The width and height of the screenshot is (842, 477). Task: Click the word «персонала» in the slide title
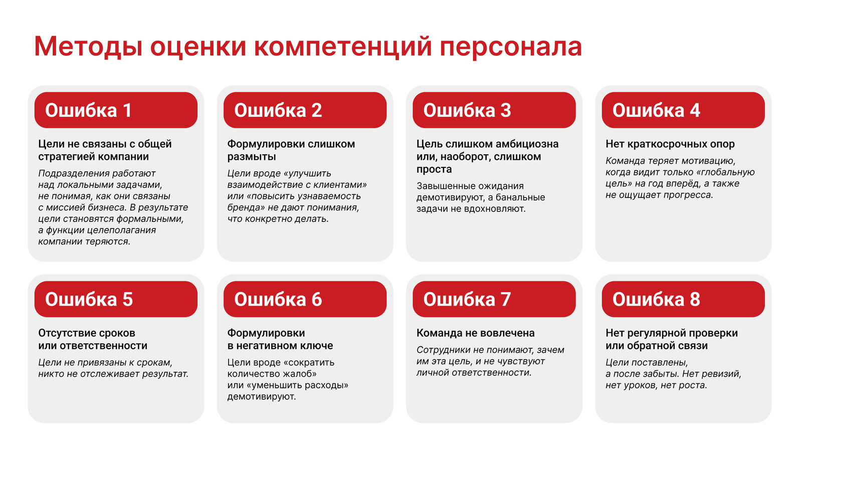511,48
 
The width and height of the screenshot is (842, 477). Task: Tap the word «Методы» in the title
88,47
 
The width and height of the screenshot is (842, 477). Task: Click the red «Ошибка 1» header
116,110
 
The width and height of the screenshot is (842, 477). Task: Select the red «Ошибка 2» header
305,110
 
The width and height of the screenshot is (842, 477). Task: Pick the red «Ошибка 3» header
494,110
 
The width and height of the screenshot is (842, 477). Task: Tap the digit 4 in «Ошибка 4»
695,111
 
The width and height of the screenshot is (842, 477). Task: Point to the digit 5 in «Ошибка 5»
128,300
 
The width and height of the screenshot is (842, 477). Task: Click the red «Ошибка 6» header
305,299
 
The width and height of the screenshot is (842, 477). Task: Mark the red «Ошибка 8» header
683,299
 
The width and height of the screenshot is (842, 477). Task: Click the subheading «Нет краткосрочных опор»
670,144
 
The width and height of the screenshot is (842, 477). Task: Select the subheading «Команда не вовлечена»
475,333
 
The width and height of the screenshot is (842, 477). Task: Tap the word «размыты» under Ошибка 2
251,157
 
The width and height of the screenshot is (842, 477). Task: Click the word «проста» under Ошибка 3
434,169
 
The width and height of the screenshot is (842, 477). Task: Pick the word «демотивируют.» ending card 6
261,396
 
